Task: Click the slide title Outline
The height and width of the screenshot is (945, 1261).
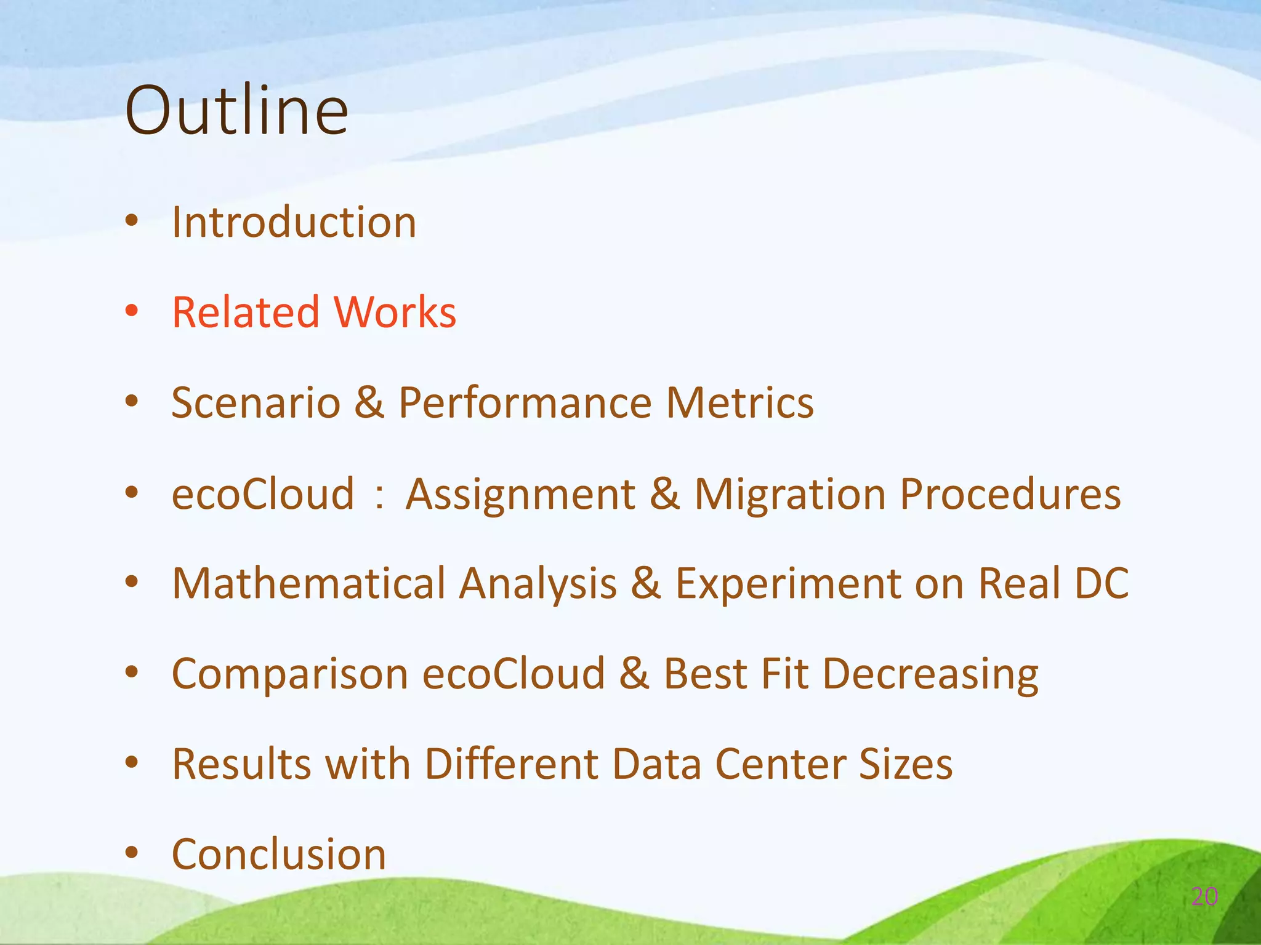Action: tap(236, 111)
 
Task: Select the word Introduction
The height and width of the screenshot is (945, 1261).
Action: tap(294, 222)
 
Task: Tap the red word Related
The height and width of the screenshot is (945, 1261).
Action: tap(246, 312)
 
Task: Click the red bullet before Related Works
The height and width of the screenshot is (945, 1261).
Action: tap(131, 311)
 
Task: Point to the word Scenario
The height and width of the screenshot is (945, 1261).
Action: tap(256, 403)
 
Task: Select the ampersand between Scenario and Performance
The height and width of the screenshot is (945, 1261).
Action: tap(369, 403)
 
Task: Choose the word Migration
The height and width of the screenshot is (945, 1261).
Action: tap(791, 494)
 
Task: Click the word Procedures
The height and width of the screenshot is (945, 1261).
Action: tap(1010, 494)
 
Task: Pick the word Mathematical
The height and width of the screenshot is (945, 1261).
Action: tap(308, 583)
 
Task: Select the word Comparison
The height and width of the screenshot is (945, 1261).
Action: tap(290, 674)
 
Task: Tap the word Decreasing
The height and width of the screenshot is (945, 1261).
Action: tap(930, 674)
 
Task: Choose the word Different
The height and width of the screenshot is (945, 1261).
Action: tap(510, 764)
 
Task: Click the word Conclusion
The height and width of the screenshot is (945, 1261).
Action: tap(279, 855)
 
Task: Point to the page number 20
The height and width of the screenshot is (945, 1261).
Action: tap(1204, 897)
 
